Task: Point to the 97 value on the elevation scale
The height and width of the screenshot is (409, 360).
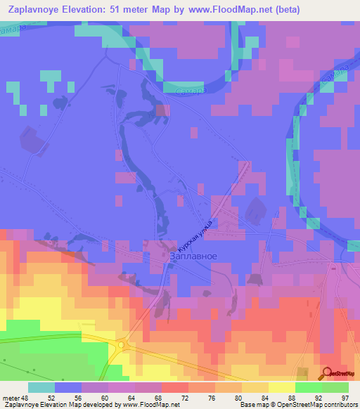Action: (x=344, y=398)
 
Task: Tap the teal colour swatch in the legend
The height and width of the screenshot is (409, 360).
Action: (x=41, y=387)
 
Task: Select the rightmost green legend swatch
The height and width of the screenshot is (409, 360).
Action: (x=335, y=387)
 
